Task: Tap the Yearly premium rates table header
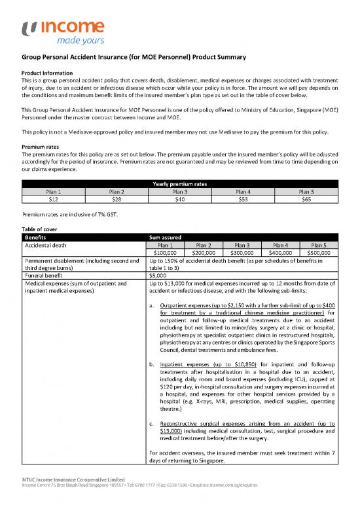coord(179,184)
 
